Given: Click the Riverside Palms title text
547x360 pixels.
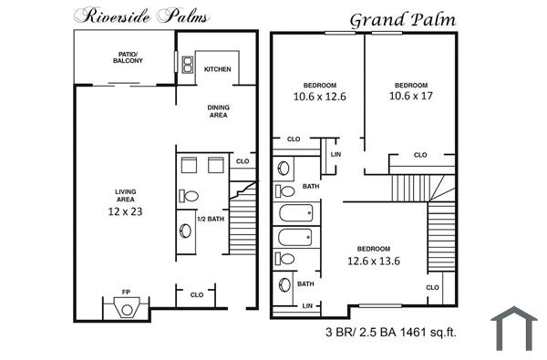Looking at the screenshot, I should point(141,15).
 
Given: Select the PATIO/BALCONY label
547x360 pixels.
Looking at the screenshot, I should point(121,57).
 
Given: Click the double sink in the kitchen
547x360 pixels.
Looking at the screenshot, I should point(187,65).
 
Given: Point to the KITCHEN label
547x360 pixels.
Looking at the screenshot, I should point(217,69).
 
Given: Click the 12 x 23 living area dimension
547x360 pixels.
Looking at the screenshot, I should point(126,211).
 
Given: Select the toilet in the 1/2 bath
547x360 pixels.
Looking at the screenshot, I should point(190,196).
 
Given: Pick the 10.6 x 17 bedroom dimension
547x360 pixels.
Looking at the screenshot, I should point(410,95).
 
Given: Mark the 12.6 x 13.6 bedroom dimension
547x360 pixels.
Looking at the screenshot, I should point(374,260).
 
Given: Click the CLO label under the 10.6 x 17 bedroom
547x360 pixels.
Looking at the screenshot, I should point(420,155).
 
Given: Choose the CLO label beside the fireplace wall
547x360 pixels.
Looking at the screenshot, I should point(196,294).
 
